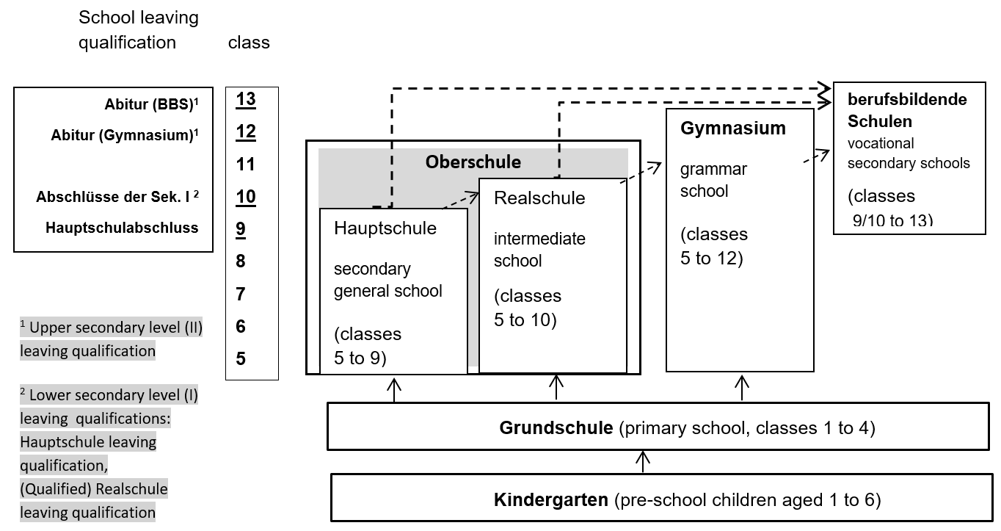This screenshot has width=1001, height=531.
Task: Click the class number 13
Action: pos(246,99)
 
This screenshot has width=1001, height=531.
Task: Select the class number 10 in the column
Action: pos(246,196)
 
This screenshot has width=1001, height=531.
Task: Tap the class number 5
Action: pos(241,358)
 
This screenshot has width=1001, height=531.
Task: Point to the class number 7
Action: pos(241,294)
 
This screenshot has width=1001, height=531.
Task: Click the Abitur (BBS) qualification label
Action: pos(151,104)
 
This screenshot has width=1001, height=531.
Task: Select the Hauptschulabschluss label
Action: pos(122,228)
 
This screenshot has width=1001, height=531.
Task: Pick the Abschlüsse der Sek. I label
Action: pos(117,196)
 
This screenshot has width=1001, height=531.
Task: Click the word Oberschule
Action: pos(473,162)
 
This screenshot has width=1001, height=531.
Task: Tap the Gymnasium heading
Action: pos(733,128)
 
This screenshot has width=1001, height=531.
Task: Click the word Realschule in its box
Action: pos(539,198)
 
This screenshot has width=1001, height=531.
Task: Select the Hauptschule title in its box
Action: pos(385,228)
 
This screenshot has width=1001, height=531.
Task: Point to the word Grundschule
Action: pos(556,427)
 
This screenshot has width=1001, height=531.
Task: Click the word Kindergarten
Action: pos(551,499)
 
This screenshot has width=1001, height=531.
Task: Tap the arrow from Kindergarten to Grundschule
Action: pos(643,462)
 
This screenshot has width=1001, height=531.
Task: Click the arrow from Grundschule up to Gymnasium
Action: pos(742,387)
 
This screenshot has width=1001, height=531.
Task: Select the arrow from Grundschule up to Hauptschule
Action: pos(393,391)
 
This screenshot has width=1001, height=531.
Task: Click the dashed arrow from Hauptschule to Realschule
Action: pos(460,200)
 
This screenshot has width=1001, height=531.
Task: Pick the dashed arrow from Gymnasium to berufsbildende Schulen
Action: pos(817,156)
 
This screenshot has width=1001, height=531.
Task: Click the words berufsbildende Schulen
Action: pos(907,110)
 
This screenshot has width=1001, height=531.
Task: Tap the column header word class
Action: pos(249,43)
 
